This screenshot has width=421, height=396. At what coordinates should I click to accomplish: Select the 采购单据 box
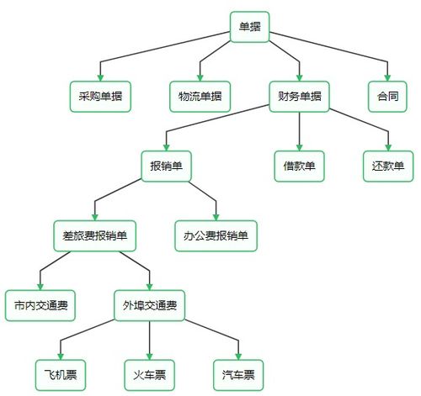tap(99, 96)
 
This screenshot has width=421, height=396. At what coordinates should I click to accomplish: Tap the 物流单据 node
tap(200, 96)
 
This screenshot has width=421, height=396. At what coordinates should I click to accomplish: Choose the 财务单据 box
tap(299, 96)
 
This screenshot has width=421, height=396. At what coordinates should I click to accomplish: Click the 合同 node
tap(388, 96)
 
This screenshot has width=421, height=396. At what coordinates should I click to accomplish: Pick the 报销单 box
tap(167, 166)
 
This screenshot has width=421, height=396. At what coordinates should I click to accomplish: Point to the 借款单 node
tap(299, 166)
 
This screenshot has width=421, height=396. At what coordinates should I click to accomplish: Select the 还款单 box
tap(388, 166)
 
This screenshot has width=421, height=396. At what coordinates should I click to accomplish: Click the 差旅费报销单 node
tap(94, 235)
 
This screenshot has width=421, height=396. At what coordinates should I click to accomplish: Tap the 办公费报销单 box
tap(216, 235)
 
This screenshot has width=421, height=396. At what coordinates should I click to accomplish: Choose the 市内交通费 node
tap(40, 304)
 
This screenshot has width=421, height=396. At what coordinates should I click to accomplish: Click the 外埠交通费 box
tap(149, 304)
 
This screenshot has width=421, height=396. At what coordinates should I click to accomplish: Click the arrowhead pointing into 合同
tap(388, 77)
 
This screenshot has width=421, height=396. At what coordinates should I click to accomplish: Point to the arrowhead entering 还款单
tap(388, 146)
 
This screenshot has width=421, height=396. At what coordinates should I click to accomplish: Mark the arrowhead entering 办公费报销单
tap(216, 216)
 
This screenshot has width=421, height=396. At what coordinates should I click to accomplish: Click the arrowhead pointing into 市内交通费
tap(40, 286)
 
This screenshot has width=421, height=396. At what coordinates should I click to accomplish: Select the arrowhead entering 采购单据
tap(99, 77)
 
